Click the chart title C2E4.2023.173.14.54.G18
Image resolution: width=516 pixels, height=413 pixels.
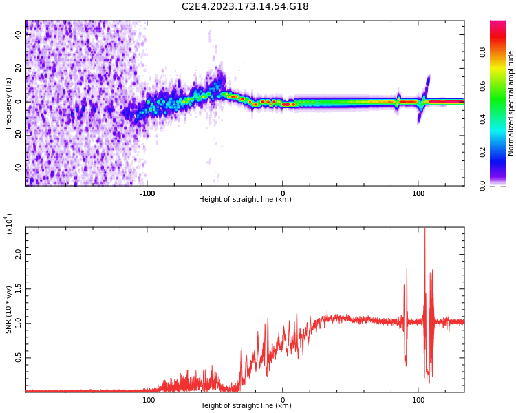245,6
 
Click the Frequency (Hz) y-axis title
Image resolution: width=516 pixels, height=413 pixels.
9,103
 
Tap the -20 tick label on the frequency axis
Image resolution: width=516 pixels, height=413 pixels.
19,136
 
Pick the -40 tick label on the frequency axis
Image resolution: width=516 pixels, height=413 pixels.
19,169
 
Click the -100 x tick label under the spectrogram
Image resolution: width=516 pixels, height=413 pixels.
147,193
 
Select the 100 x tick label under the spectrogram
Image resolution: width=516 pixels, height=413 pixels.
418,193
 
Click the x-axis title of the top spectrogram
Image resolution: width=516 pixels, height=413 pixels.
245,200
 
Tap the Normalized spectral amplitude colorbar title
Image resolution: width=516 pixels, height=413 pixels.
511,103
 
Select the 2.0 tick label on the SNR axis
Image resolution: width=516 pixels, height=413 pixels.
19,253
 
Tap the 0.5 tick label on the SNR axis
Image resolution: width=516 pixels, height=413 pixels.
19,358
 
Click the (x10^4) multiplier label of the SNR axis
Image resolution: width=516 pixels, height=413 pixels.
10,224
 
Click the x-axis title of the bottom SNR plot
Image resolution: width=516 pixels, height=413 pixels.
245,405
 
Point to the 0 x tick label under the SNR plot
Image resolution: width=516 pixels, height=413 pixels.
282,399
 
